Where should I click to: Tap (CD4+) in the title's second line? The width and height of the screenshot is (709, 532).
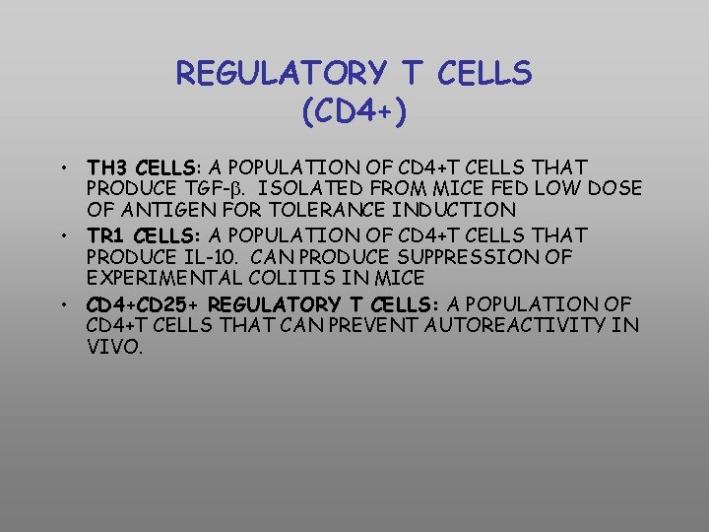tap(354, 111)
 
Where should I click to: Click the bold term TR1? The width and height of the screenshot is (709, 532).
tap(104, 235)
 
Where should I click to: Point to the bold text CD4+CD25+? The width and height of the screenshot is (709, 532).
tap(145, 304)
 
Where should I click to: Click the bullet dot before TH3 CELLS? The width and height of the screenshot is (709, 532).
tap(61, 166)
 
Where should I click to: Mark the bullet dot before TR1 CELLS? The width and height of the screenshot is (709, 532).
tap(61, 235)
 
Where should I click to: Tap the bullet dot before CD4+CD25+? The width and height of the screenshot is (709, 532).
tap(61, 304)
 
